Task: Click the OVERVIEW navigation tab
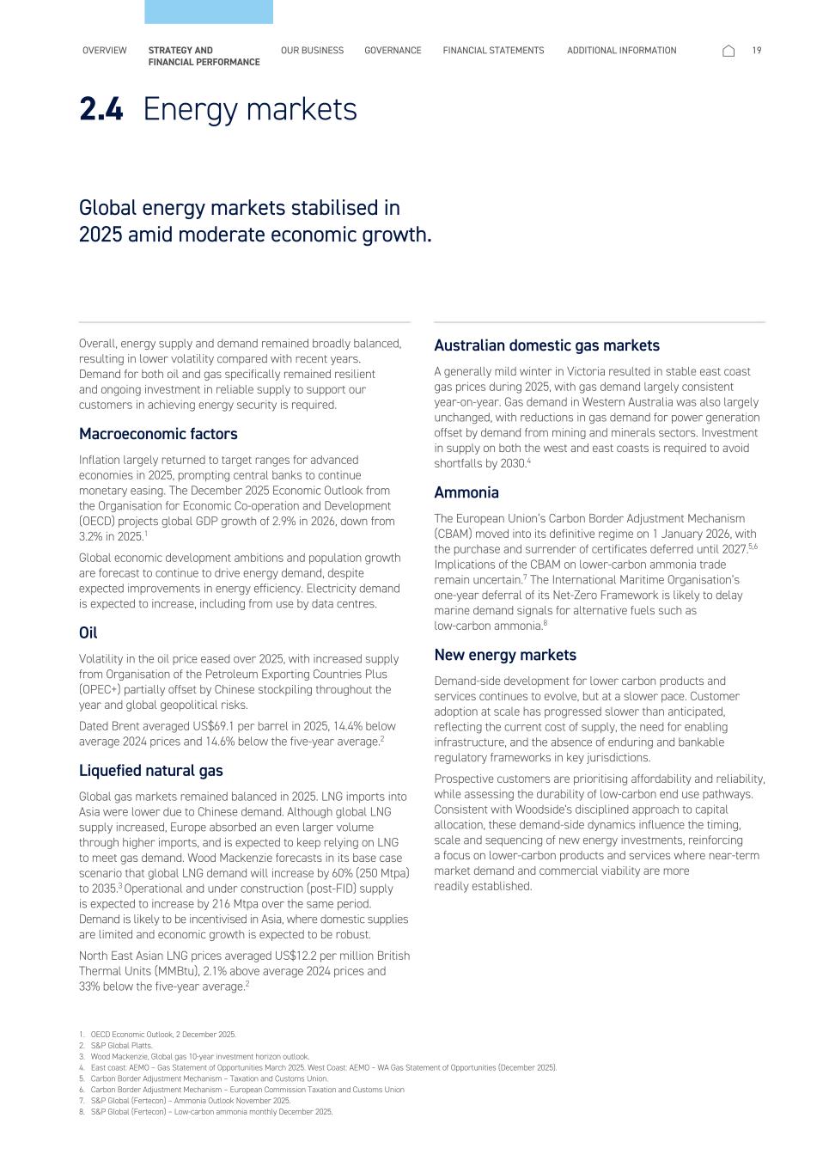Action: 104,51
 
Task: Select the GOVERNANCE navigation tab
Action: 393,51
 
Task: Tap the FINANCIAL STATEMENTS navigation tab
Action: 493,51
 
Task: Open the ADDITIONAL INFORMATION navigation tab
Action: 621,51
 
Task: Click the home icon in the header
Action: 728,52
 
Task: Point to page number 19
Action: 757,51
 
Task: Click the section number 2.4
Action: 101,109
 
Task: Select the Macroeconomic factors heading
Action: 158,434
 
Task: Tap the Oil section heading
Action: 88,632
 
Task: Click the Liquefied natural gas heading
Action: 150,771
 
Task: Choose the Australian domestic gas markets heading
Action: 546,345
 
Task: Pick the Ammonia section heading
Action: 466,492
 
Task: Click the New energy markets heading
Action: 505,655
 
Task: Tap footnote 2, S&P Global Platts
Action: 121,1046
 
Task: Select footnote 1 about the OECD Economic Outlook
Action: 162,1035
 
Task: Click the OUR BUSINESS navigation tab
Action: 312,51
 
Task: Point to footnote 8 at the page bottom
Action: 210,1112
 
